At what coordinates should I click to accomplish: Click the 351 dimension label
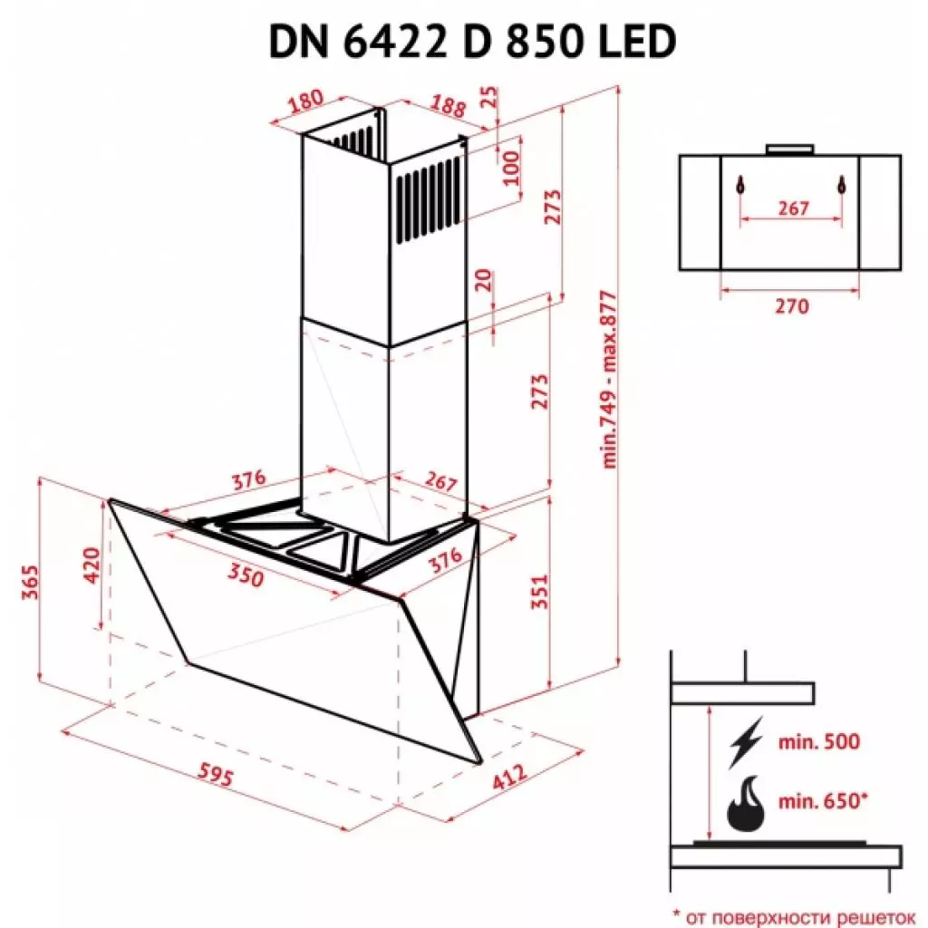pos(537,591)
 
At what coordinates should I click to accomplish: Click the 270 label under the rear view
pos(791,306)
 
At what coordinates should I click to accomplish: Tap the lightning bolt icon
pos(745,744)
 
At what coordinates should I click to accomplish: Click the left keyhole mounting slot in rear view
pos(741,186)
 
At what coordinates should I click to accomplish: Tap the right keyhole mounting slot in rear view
pos(841,186)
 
